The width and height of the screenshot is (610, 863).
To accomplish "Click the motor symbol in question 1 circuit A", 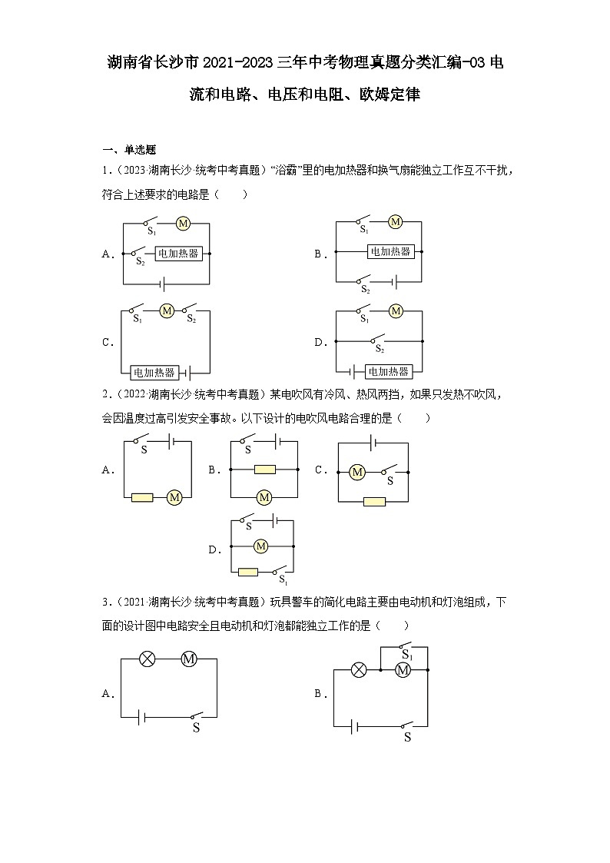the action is pyautogui.click(x=183, y=223).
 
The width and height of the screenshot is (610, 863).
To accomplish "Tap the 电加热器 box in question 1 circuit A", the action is pyautogui.click(x=179, y=253).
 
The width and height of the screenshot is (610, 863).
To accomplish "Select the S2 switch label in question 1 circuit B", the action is pyautogui.click(x=366, y=290).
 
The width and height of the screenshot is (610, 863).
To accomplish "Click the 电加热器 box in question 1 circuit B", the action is pyautogui.click(x=390, y=251).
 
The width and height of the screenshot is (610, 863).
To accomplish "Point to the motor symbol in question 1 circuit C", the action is pyautogui.click(x=167, y=310).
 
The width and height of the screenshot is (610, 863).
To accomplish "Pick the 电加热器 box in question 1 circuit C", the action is pyautogui.click(x=154, y=373).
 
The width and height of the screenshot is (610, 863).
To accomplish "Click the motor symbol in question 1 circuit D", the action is pyautogui.click(x=396, y=311).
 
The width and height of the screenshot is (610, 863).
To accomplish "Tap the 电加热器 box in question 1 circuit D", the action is pyautogui.click(x=388, y=371).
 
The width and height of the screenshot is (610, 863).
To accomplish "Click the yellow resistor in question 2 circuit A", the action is pyautogui.click(x=142, y=498).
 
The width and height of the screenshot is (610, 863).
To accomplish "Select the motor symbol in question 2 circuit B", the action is pyautogui.click(x=264, y=498).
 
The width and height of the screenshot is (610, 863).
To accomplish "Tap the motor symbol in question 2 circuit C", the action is pyautogui.click(x=357, y=473).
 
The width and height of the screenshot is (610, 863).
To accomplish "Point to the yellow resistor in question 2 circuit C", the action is pyautogui.click(x=374, y=502).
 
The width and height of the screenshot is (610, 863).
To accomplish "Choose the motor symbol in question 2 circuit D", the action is pyautogui.click(x=260, y=546).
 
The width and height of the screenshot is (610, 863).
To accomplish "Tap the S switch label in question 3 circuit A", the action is pyautogui.click(x=196, y=728).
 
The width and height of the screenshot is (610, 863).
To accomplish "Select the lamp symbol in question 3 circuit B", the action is pyautogui.click(x=358, y=670).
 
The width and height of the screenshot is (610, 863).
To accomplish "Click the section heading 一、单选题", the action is pyautogui.click(x=130, y=150).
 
